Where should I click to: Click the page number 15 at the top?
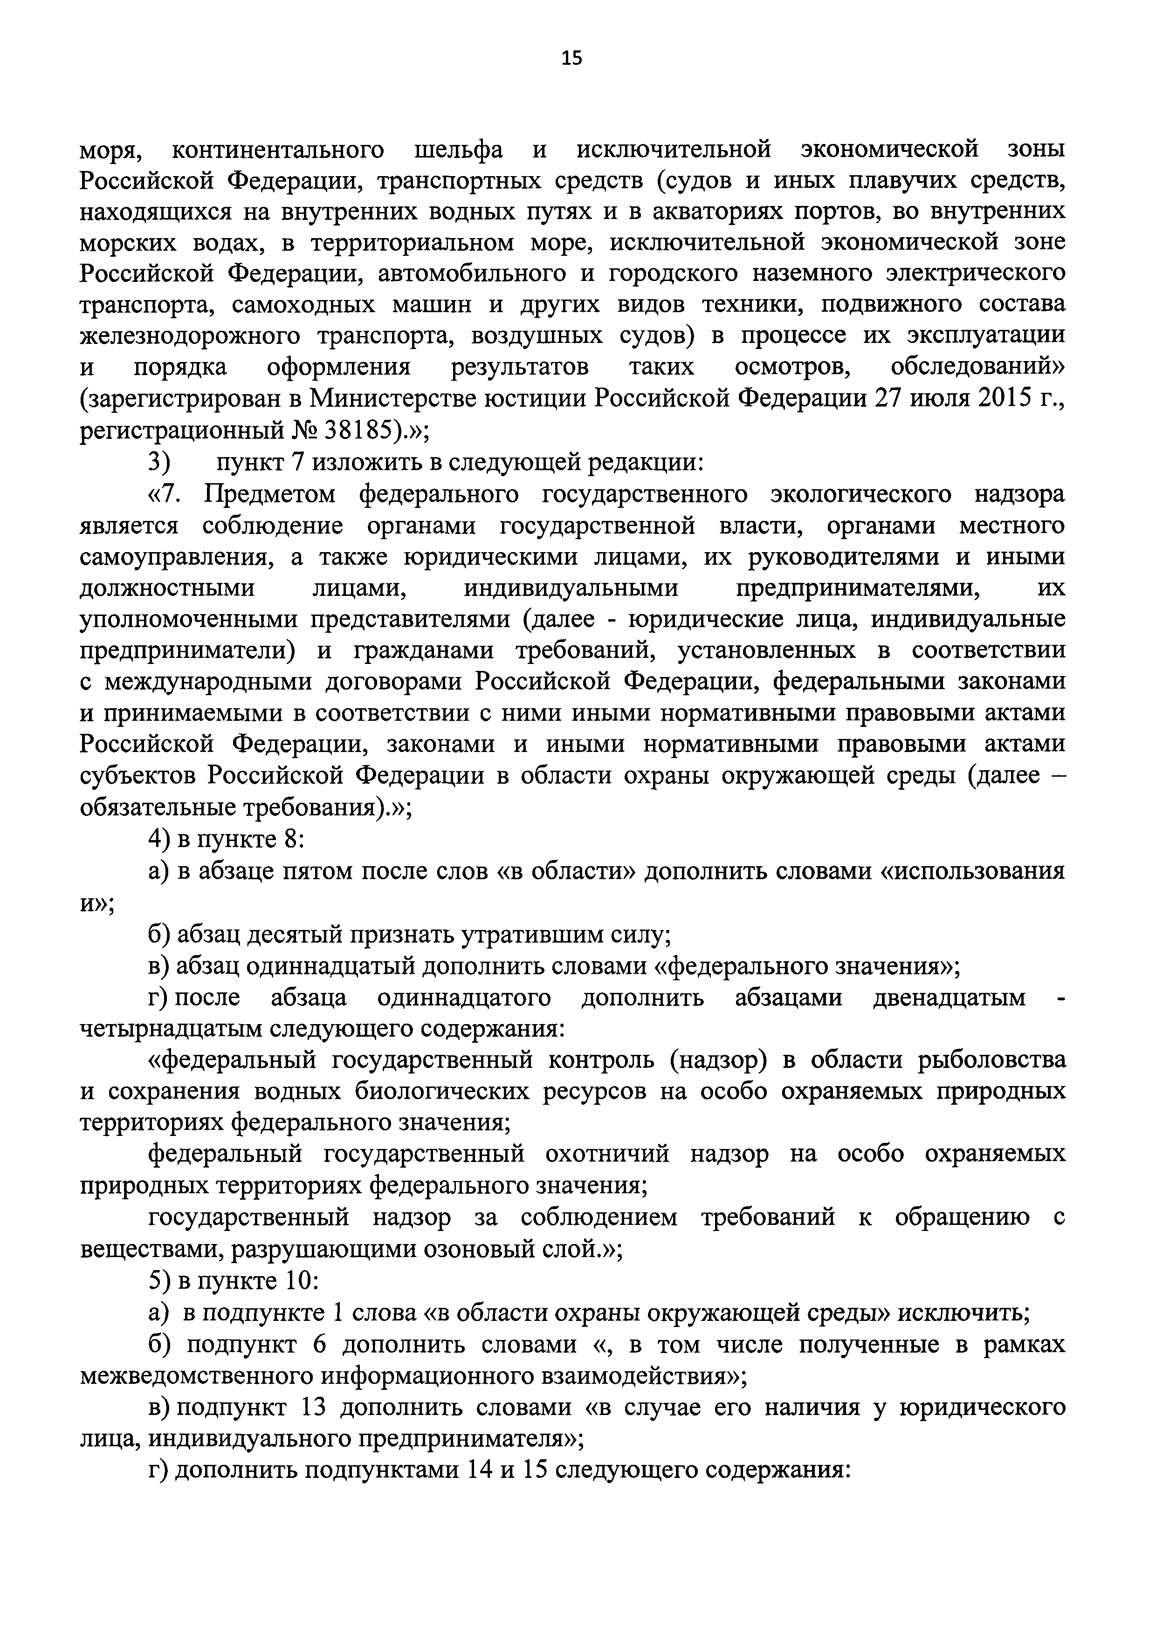click(x=571, y=58)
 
